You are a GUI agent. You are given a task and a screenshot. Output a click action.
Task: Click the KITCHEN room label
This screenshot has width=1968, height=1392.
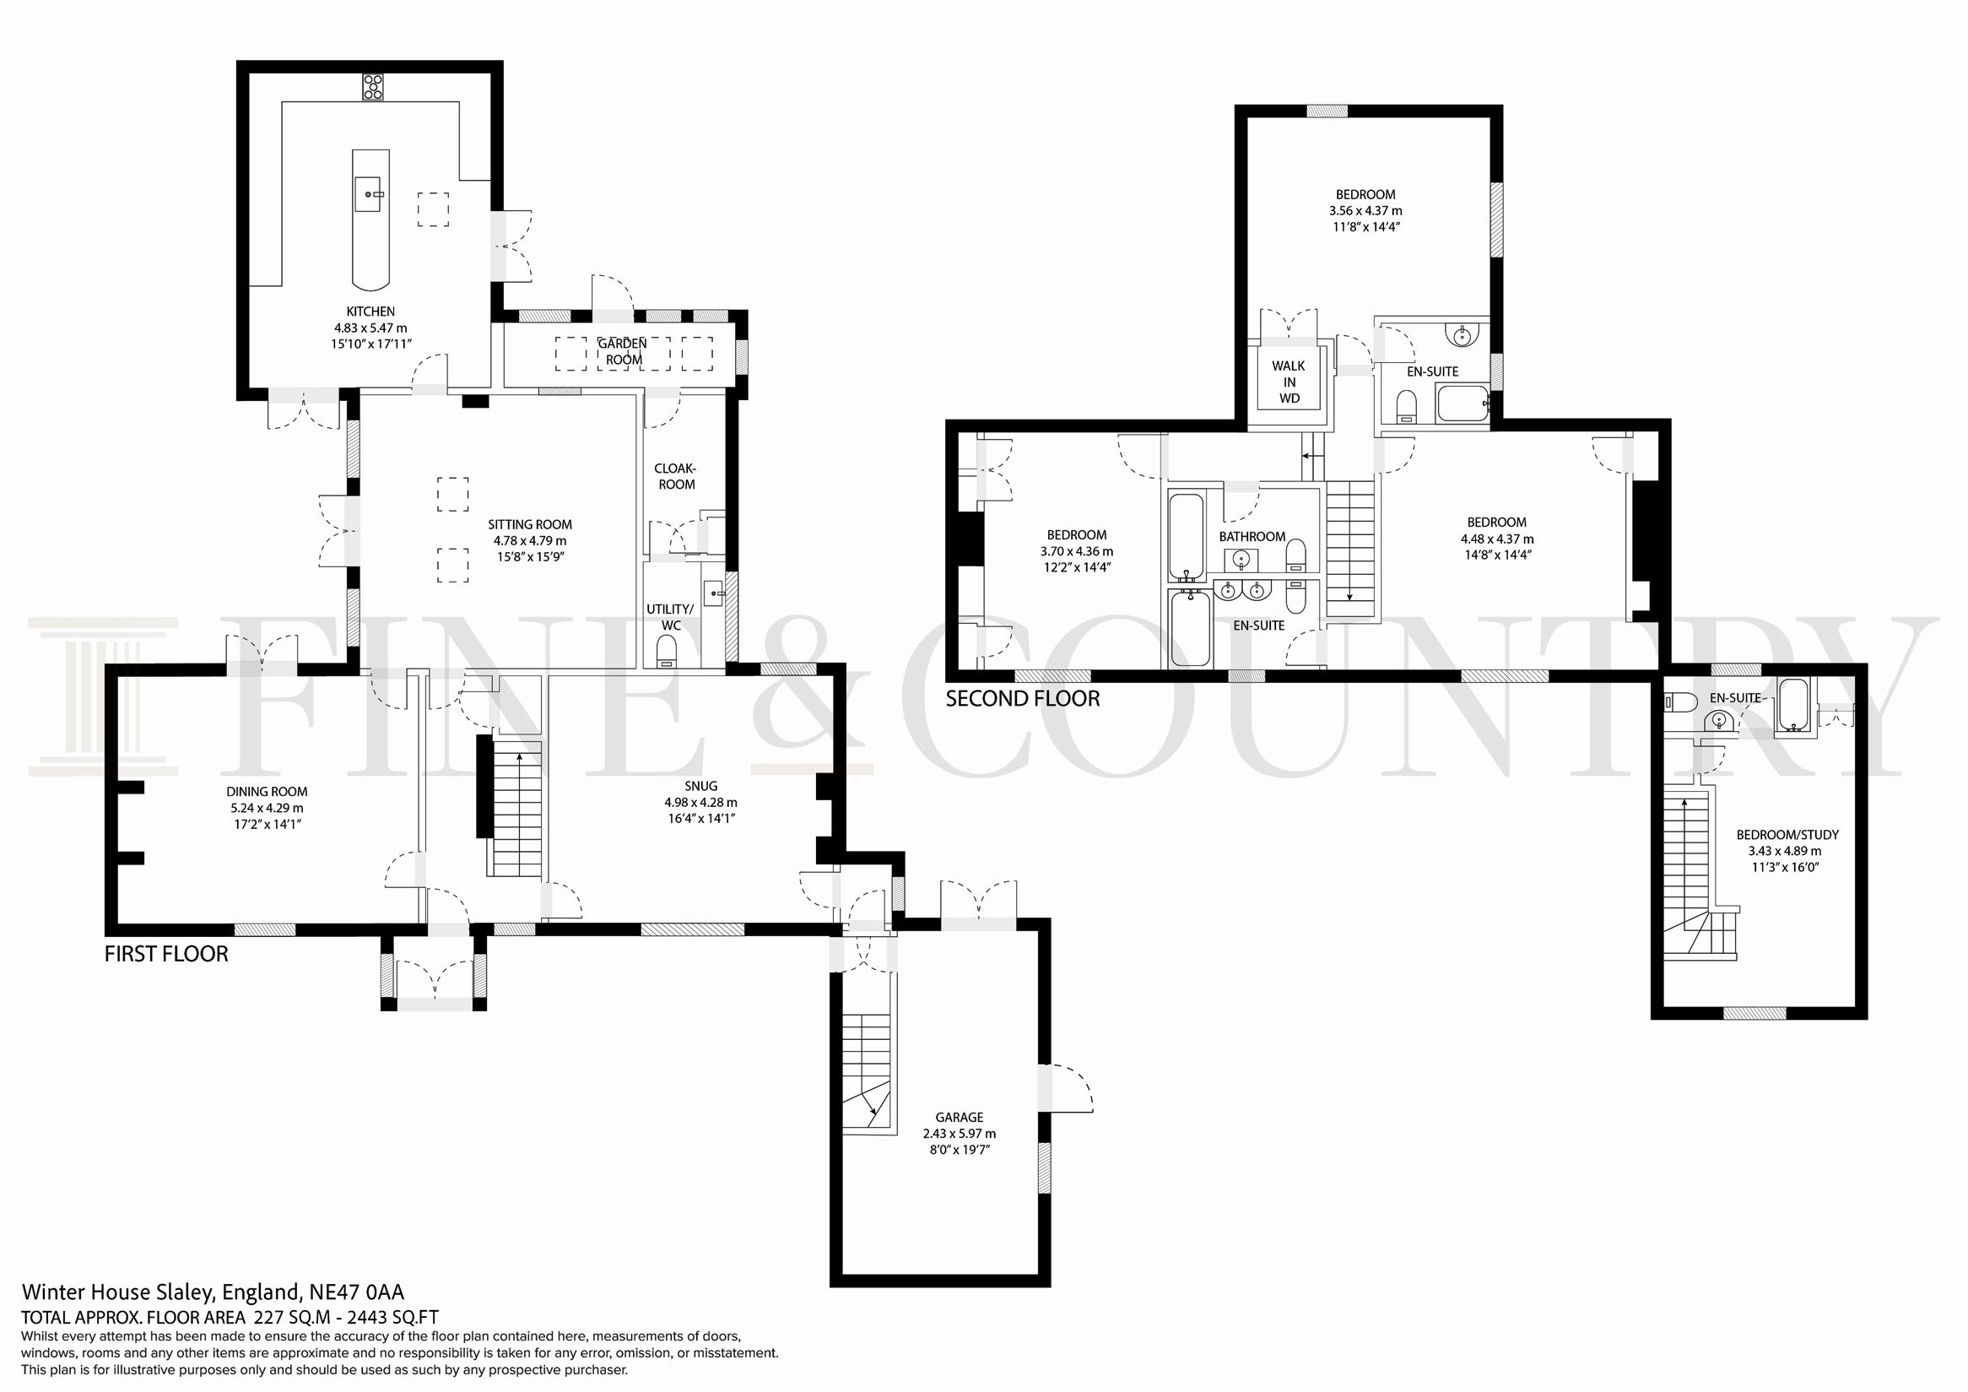pyautogui.click(x=370, y=311)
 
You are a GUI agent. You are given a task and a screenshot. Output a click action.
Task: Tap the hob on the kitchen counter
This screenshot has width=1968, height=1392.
pyautogui.click(x=373, y=88)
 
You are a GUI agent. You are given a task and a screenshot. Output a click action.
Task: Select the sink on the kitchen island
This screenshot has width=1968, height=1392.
pyautogui.click(x=370, y=193)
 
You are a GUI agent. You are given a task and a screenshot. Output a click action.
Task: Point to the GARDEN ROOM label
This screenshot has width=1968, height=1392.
pyautogui.click(x=623, y=351)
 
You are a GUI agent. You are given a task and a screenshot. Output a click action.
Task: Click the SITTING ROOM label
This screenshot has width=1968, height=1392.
pyautogui.click(x=530, y=524)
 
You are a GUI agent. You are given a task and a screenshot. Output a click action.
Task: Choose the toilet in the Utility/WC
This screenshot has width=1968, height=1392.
pyautogui.click(x=667, y=657)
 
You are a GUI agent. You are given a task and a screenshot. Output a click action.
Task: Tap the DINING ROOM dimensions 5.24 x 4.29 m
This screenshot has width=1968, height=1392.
pyautogui.click(x=267, y=808)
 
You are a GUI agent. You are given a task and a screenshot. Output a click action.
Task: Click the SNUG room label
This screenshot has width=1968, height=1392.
pyautogui.click(x=701, y=786)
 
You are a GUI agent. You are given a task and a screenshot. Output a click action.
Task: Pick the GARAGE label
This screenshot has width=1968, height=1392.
pyautogui.click(x=960, y=1117)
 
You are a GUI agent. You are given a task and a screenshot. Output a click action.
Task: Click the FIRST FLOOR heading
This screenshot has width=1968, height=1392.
pyautogui.click(x=166, y=954)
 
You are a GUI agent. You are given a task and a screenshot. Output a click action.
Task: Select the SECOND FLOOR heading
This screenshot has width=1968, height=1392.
pyautogui.click(x=1023, y=699)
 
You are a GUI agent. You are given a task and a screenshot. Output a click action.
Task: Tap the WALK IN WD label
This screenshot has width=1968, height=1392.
pyautogui.click(x=1289, y=382)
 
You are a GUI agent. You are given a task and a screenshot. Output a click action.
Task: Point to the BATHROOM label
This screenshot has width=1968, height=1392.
pyautogui.click(x=1252, y=537)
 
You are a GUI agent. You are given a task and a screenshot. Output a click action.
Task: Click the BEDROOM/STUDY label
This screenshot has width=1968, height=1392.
pyautogui.click(x=1788, y=834)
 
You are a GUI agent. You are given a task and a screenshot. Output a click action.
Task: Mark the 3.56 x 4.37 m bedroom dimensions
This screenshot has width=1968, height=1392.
pyautogui.click(x=1365, y=211)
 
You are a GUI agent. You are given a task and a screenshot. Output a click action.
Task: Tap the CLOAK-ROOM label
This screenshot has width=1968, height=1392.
pyautogui.click(x=675, y=477)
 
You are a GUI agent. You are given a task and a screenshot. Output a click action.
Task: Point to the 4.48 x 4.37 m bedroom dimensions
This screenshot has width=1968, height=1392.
pyautogui.click(x=1496, y=539)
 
